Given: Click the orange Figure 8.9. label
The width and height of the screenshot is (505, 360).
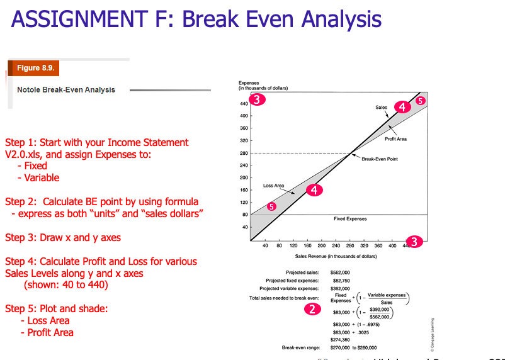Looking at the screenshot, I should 35,67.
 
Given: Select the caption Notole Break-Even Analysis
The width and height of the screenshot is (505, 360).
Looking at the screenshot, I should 66,90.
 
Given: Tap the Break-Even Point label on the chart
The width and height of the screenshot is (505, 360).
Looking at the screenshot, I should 380,159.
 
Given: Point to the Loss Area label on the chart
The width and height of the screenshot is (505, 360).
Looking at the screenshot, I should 274,186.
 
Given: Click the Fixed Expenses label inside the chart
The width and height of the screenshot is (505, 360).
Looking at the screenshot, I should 351,219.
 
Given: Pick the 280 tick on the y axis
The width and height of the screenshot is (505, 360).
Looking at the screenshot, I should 242,153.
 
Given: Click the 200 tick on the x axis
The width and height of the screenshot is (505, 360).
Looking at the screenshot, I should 322,246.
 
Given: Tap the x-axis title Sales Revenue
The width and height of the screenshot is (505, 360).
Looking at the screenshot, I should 336,257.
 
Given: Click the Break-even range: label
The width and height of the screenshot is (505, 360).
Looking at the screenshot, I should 301,347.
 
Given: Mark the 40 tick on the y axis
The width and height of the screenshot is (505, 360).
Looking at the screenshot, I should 244,227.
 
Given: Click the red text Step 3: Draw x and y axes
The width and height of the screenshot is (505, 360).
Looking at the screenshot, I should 63,238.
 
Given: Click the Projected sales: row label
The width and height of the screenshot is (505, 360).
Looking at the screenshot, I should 302,272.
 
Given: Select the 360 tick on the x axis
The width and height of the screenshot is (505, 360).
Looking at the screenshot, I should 378,246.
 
